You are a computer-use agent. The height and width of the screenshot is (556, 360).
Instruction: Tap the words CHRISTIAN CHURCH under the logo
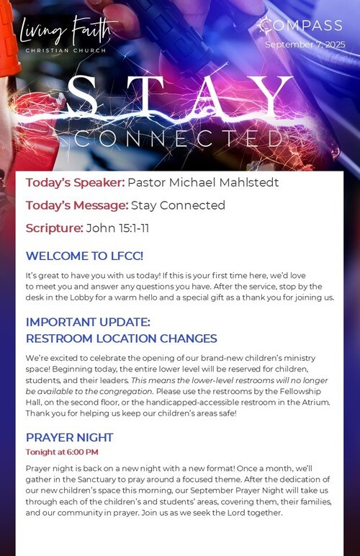click(x=66, y=50)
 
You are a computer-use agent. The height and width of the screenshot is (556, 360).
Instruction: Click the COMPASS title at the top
click(x=300, y=25)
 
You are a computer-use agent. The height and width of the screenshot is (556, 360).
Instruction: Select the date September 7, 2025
click(x=305, y=45)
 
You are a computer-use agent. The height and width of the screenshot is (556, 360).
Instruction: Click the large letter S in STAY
click(x=82, y=96)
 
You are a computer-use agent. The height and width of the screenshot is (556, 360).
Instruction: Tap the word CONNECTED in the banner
click(x=180, y=138)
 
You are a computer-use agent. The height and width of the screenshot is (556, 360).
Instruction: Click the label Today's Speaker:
click(x=75, y=182)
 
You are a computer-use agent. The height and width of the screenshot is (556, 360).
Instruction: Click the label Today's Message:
click(x=77, y=205)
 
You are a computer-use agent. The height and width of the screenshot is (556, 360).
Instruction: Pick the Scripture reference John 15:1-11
click(x=117, y=228)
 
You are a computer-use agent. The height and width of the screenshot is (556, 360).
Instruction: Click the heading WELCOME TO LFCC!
click(x=84, y=256)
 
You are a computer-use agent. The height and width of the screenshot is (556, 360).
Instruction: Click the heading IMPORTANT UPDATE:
click(x=88, y=322)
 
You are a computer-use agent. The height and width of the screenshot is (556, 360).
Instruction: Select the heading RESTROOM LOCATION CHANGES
click(x=121, y=338)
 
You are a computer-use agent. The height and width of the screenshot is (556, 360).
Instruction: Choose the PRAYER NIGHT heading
click(x=69, y=437)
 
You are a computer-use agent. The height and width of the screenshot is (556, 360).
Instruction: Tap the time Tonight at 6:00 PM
click(x=62, y=452)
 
